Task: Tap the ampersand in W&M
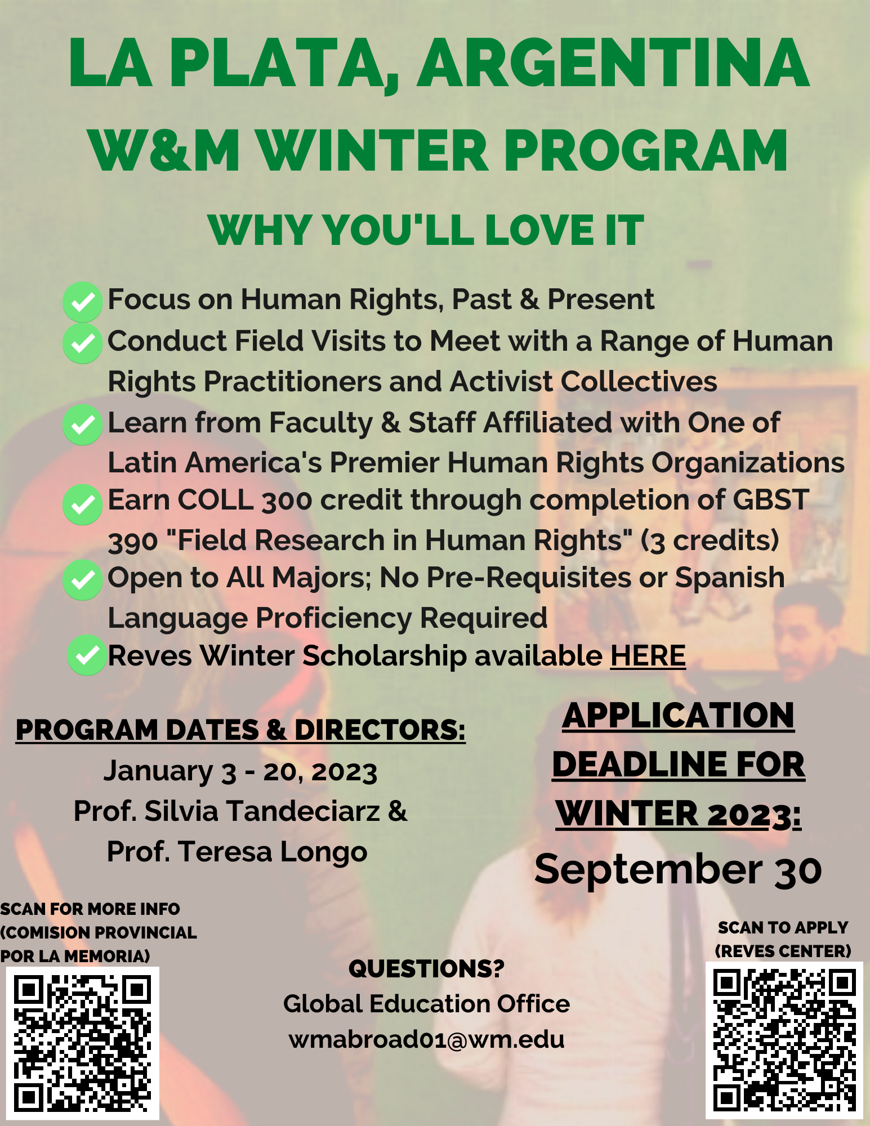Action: coord(169,150)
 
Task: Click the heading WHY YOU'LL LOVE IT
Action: coord(426,230)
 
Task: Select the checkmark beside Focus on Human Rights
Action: coord(83,302)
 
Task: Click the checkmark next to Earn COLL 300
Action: coord(83,504)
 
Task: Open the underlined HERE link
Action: coord(648,656)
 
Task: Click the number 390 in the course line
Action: coord(133,542)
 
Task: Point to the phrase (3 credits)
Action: coord(710,540)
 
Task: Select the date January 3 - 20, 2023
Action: coord(240,771)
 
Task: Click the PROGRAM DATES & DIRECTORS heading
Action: coord(240,730)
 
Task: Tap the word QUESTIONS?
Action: coord(426,969)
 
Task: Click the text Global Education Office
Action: coord(426,1004)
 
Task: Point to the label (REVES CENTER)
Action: coord(783,951)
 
